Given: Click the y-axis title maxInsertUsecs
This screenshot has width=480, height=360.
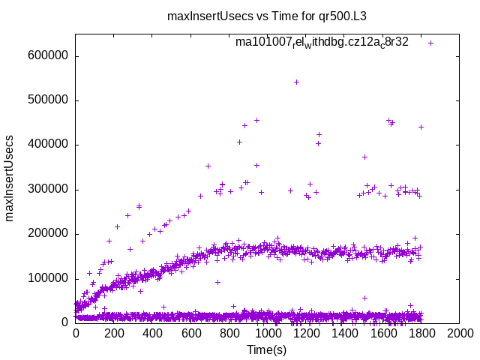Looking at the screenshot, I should (10, 178).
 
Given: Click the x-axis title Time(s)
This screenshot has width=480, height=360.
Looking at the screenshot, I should (268, 349).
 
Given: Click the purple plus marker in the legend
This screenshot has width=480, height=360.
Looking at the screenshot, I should (430, 43).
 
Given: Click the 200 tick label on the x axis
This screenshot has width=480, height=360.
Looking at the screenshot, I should (114, 334).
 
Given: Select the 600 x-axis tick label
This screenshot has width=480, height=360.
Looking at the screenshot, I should (190, 334).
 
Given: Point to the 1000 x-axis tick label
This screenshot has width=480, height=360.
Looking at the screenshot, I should (268, 334).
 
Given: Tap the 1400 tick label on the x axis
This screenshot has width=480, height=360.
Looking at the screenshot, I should (344, 334).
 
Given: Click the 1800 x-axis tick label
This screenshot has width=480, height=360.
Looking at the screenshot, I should (421, 334).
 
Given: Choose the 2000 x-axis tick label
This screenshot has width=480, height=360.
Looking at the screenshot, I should (460, 334).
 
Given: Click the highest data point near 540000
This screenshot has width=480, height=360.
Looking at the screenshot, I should (296, 82).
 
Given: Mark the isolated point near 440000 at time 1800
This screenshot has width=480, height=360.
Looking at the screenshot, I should (421, 127).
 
